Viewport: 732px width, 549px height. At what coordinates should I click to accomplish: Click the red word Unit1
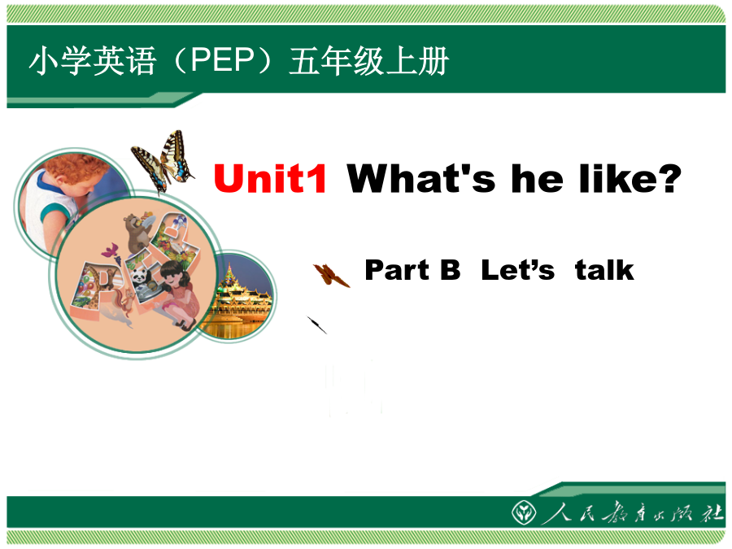(x=270, y=178)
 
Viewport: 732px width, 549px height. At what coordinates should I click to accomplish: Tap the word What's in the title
(x=420, y=178)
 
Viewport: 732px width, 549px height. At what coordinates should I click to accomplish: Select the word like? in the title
(x=630, y=178)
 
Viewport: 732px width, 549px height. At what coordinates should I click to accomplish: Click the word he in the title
(x=537, y=178)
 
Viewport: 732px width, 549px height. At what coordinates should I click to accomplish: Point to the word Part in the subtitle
(x=397, y=270)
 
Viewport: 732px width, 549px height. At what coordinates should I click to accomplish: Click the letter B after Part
(x=450, y=270)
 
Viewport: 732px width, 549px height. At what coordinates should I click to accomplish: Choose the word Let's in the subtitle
(x=518, y=270)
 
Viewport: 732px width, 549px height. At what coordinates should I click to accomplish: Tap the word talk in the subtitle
(x=604, y=270)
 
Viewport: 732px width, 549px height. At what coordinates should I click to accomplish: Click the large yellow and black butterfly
(x=163, y=161)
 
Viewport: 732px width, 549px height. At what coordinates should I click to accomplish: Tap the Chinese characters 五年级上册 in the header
(x=368, y=61)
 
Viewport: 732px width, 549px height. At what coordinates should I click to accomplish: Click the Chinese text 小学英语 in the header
(x=93, y=61)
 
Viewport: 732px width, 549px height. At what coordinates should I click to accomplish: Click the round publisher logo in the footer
(x=523, y=512)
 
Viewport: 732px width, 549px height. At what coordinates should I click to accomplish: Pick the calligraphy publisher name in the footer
(x=632, y=513)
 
